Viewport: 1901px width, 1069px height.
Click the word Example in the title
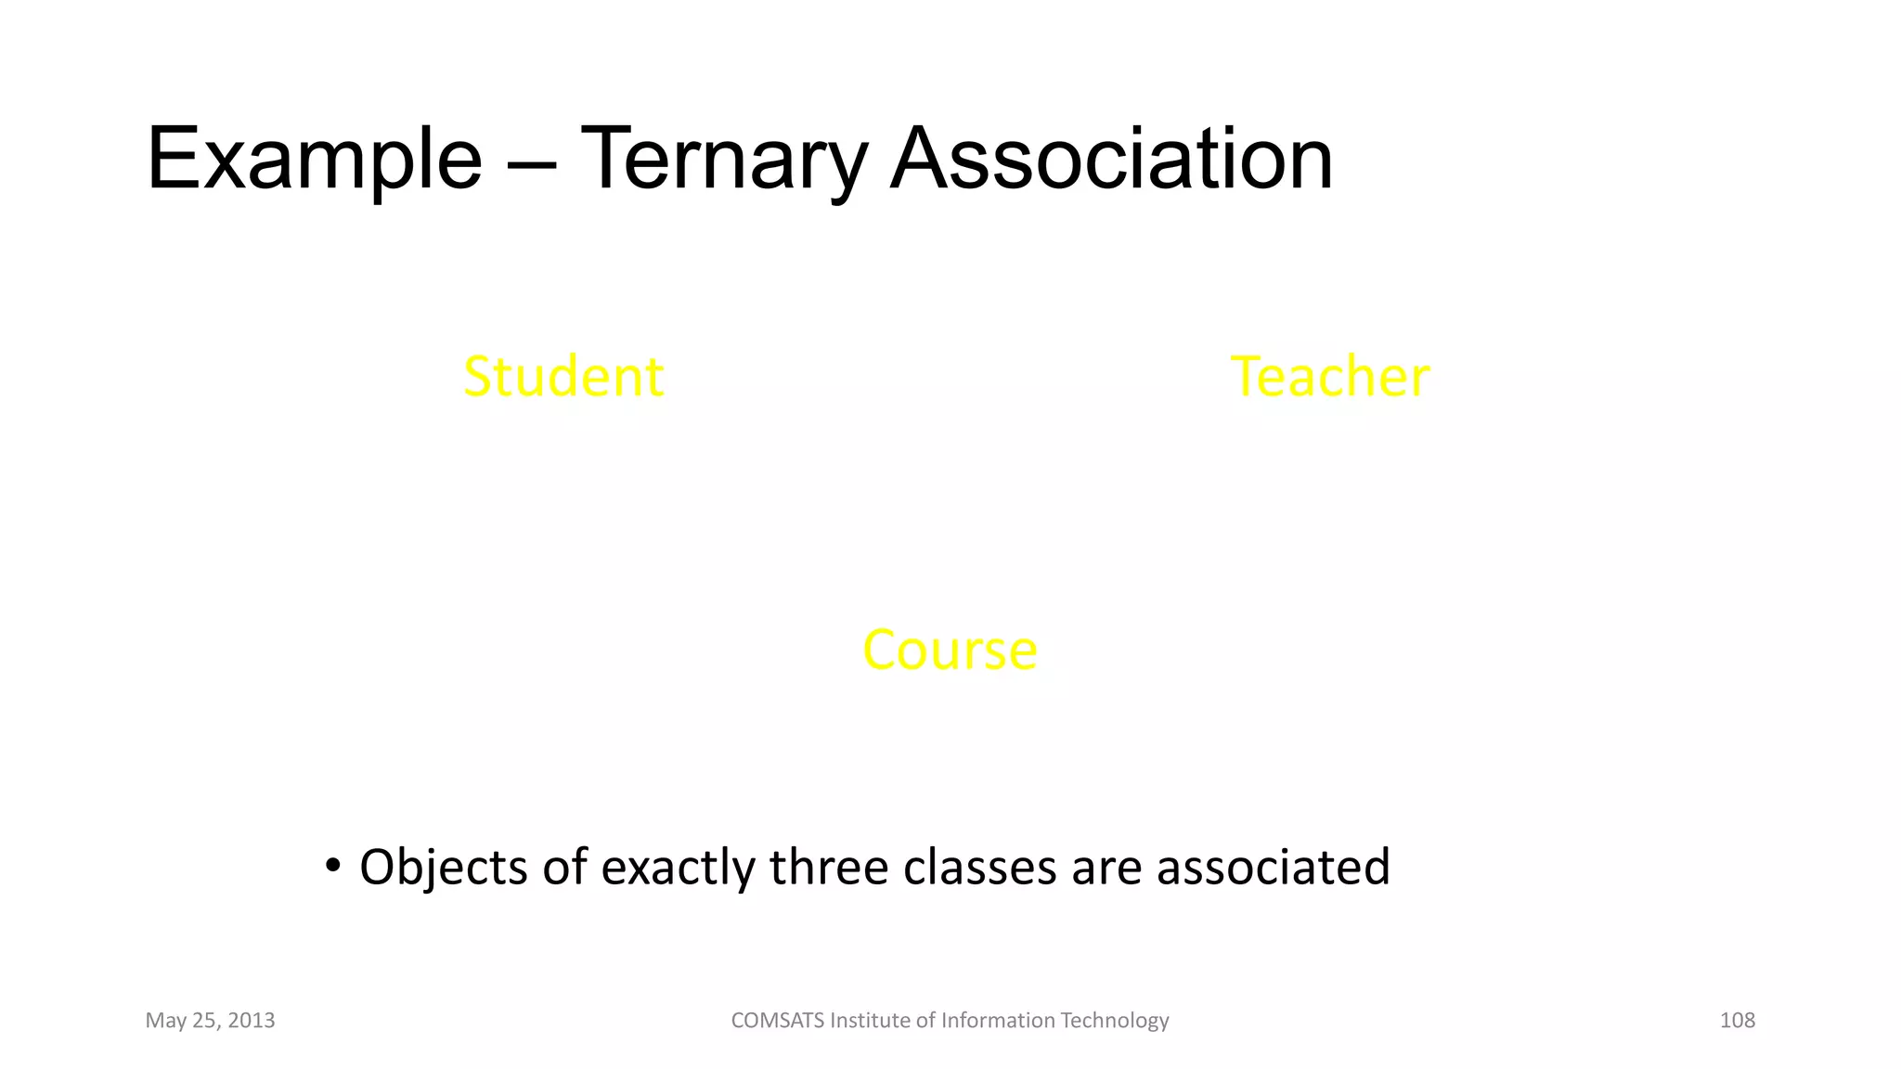(314, 160)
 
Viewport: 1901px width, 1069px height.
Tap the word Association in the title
(1111, 160)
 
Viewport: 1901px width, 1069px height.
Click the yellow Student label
(563, 377)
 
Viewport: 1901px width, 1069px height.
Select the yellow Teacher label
(1329, 377)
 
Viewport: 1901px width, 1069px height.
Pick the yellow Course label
(950, 650)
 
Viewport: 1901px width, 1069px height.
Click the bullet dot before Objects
(331, 867)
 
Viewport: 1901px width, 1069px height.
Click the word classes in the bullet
(980, 867)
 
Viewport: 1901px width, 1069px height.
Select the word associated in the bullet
(1273, 867)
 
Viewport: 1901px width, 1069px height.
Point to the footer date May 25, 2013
(210, 1021)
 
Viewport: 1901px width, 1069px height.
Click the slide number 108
(1737, 1021)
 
